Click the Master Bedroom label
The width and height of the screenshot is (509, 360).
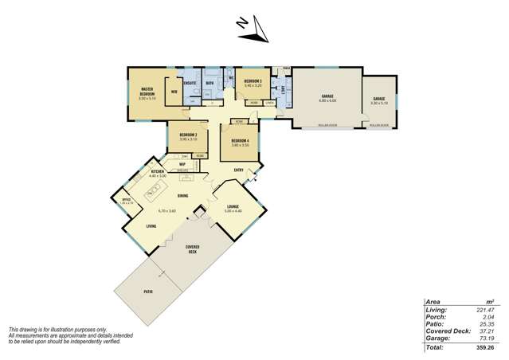pyautogui.click(x=146, y=92)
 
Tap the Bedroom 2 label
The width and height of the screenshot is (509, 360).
pyautogui.click(x=188, y=135)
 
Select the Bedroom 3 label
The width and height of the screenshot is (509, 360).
pyautogui.click(x=253, y=82)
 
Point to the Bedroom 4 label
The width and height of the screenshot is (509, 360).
pyautogui.click(x=240, y=141)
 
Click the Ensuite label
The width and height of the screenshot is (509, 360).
pyautogui.click(x=190, y=82)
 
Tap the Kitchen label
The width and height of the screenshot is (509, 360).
pyautogui.click(x=157, y=171)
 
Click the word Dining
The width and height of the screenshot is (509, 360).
pyautogui.click(x=182, y=195)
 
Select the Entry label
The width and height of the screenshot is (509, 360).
pyautogui.click(x=238, y=170)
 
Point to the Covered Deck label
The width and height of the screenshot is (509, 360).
pyautogui.click(x=192, y=248)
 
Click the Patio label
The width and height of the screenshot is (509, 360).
pyautogui.click(x=148, y=292)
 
